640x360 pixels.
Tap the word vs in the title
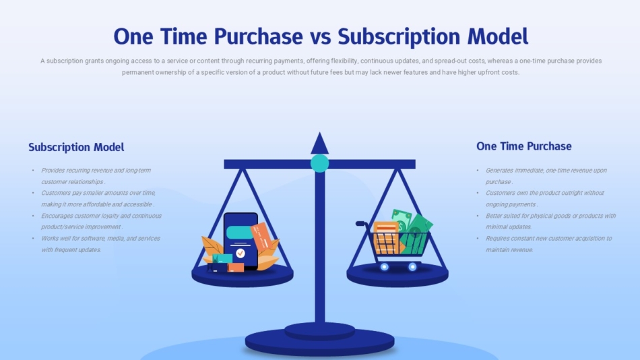[320, 37]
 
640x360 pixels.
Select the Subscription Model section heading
[76, 147]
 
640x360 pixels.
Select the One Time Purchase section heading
[523, 146]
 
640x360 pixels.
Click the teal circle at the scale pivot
[319, 163]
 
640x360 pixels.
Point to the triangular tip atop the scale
[319, 143]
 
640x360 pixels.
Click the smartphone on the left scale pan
[241, 241]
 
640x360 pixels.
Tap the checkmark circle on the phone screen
[241, 253]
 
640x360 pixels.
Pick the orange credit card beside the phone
[261, 237]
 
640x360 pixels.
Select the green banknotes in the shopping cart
[413, 231]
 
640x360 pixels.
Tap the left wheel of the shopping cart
[384, 267]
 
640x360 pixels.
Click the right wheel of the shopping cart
[413, 267]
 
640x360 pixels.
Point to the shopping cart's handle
[361, 224]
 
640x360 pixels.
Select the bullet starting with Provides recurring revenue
[96, 176]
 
